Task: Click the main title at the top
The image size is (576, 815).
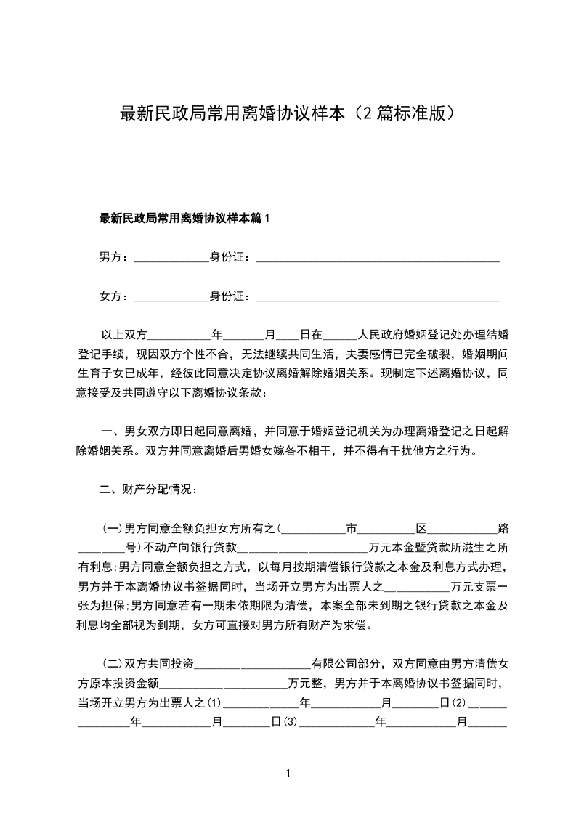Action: pyautogui.click(x=288, y=114)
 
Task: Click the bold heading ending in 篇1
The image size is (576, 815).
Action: pyautogui.click(x=184, y=217)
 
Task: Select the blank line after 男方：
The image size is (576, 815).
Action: pyautogui.click(x=172, y=259)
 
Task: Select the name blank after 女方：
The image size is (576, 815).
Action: pyautogui.click(x=172, y=298)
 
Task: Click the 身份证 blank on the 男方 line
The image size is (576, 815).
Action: pyautogui.click(x=378, y=259)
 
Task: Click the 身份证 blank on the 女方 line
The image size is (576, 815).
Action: pyautogui.click(x=378, y=298)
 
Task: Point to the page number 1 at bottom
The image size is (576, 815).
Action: pyautogui.click(x=288, y=774)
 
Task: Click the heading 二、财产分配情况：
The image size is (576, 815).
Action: pyautogui.click(x=147, y=490)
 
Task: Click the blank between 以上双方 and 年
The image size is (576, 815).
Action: pyautogui.click(x=179, y=337)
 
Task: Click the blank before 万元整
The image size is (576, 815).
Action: pyautogui.click(x=223, y=684)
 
